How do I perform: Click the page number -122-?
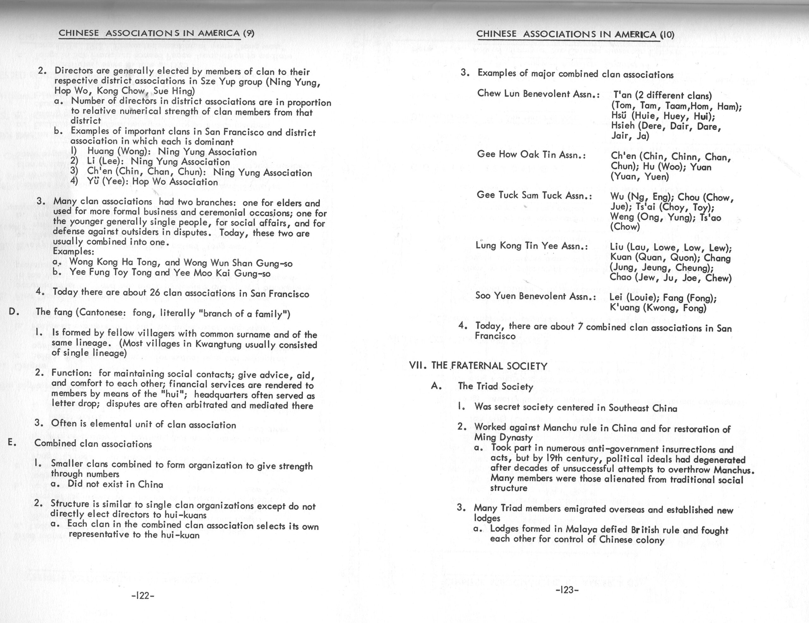[143, 596]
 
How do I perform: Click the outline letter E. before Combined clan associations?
[11, 442]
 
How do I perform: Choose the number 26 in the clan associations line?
[155, 292]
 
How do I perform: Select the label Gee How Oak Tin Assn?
[531, 154]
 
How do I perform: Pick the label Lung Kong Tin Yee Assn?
[532, 246]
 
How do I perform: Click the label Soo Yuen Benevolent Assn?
[536, 296]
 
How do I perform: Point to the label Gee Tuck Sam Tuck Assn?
[534, 195]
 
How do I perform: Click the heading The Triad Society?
[495, 386]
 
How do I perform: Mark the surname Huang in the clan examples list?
[100, 151]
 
